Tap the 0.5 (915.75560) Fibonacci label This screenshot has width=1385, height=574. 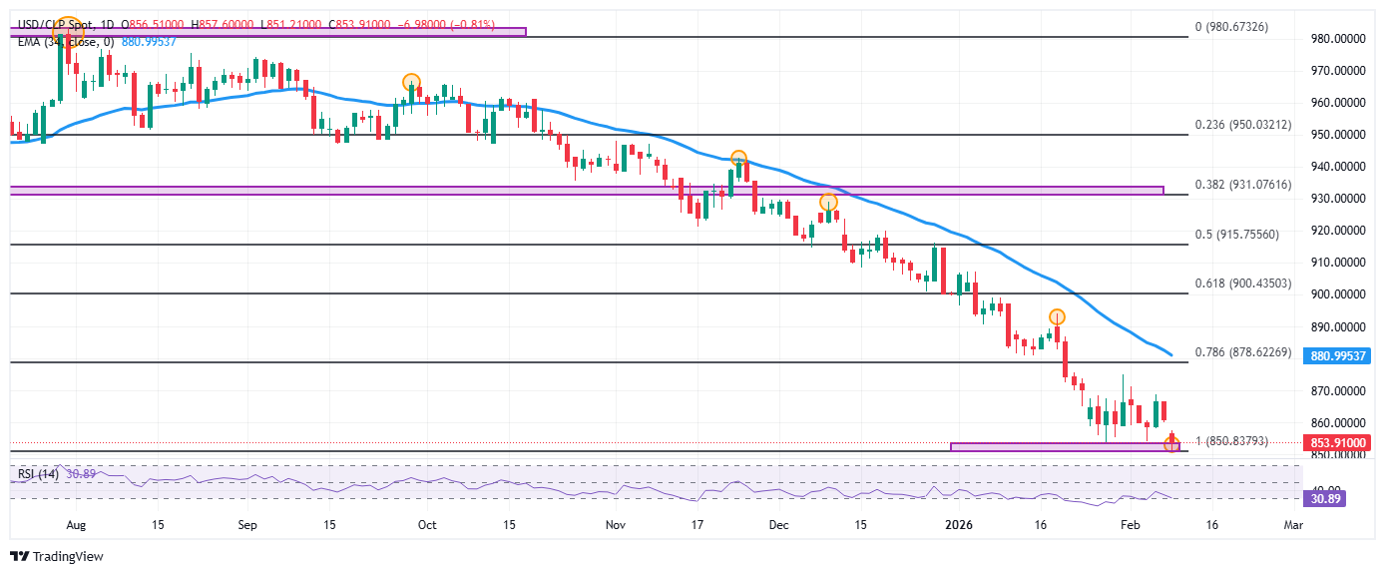click(1237, 234)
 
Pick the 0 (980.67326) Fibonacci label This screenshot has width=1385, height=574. click(1232, 27)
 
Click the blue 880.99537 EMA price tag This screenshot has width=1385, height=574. click(1338, 355)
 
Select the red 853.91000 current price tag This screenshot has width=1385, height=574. click(1338, 442)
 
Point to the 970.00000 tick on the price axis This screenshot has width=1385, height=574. click(1336, 71)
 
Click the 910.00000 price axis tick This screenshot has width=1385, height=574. click(1336, 263)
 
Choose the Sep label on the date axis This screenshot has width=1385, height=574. click(248, 524)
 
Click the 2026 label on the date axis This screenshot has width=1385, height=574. click(958, 524)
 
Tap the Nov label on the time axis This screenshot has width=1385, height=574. click(615, 524)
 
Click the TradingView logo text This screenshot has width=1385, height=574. click(66, 557)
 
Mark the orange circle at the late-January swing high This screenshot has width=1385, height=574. click(1057, 316)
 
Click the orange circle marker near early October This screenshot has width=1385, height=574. click(410, 82)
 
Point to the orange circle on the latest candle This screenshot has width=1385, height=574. click(1172, 444)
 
